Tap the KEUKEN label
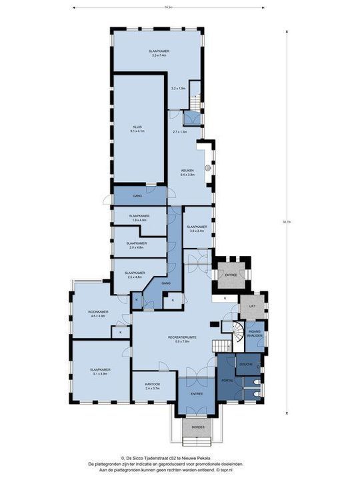click(188, 171)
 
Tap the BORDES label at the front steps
click(198, 426)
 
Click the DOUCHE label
click(245, 365)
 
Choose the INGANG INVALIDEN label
click(255, 332)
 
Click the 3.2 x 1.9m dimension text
click(178, 88)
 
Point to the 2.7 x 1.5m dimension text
click(180, 132)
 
